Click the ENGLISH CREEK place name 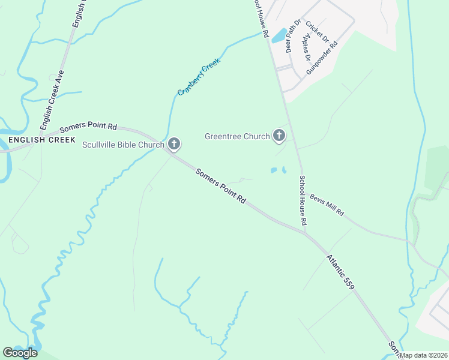(42, 140)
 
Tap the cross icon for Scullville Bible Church (174, 143)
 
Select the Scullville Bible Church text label (123, 145)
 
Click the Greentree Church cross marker (279, 136)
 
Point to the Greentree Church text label (237, 136)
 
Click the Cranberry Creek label (199, 77)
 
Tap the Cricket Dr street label (317, 32)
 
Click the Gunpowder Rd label (322, 58)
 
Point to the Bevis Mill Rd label (327, 205)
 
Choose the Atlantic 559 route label (341, 272)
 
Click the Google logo (20, 353)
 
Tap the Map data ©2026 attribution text (424, 355)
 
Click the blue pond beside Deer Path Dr (279, 36)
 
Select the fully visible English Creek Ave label (52, 101)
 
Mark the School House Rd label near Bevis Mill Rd (303, 200)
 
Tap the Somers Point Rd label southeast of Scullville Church (221, 185)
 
